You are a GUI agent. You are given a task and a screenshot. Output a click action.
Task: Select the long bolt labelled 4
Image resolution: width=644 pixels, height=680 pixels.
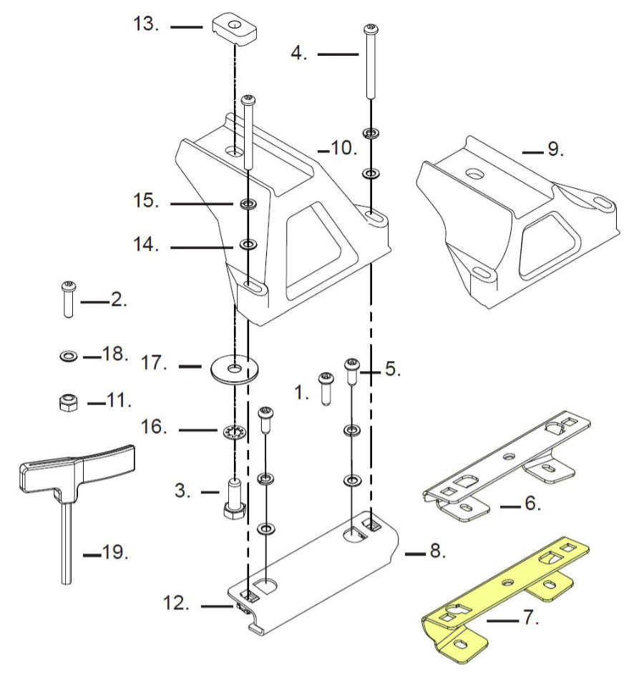[x=371, y=61]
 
